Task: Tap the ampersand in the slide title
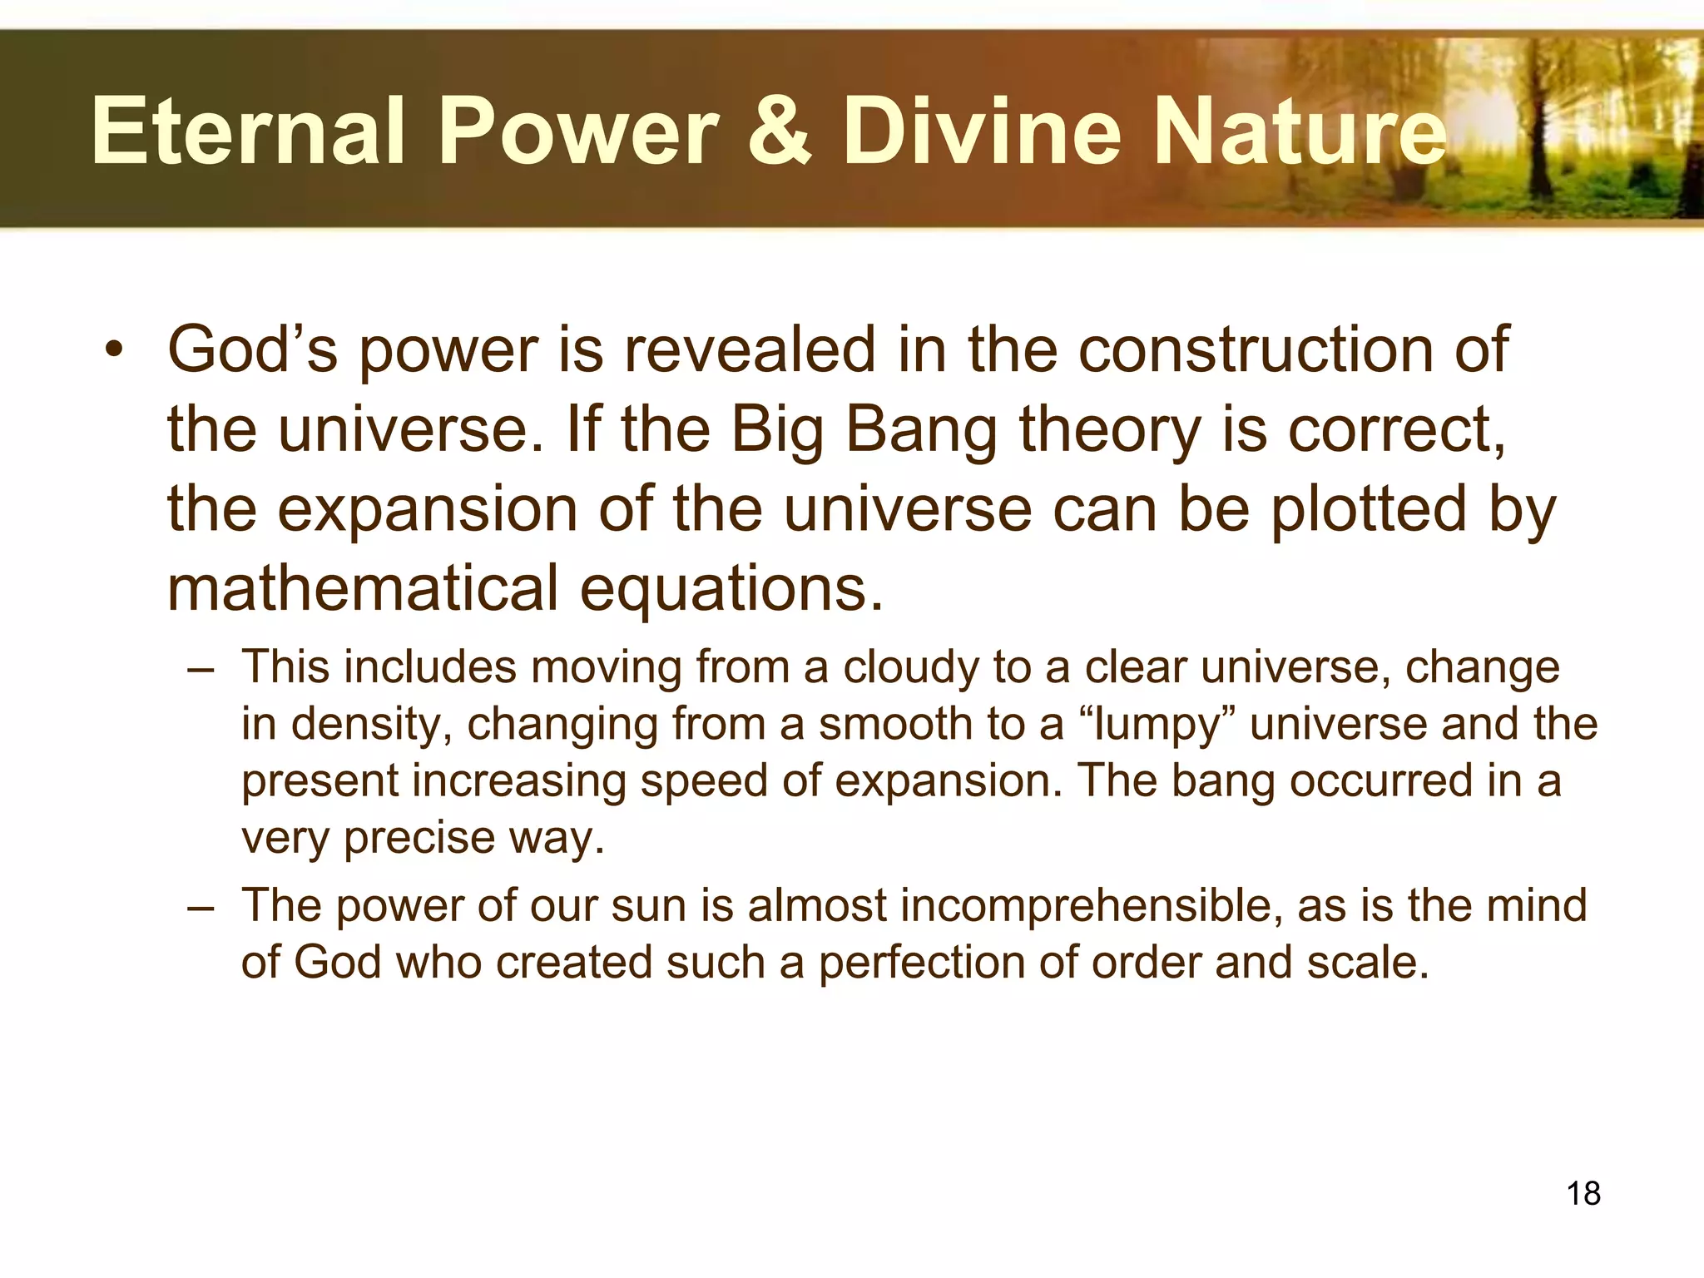[x=779, y=131]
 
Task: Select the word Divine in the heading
[x=982, y=131]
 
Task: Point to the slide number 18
[x=1583, y=1193]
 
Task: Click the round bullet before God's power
[x=114, y=350]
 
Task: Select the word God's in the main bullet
[x=252, y=350]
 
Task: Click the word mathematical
[x=363, y=588]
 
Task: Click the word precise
[x=419, y=839]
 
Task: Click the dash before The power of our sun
[x=201, y=907]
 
